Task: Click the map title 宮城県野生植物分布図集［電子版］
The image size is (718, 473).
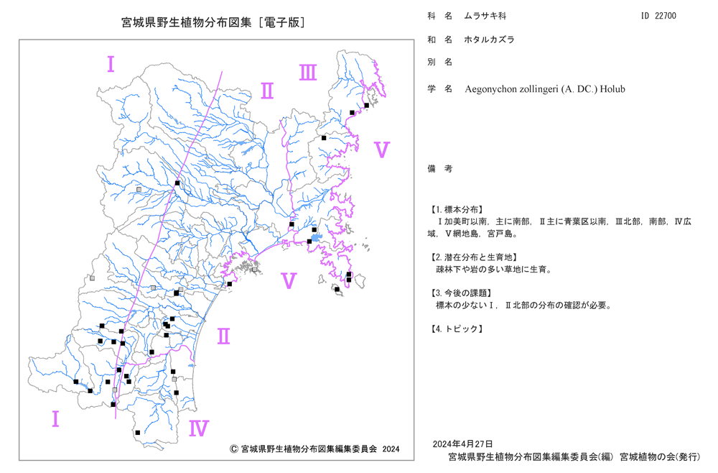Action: click(x=213, y=22)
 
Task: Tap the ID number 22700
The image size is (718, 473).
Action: click(x=666, y=16)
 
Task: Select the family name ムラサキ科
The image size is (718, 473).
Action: click(x=485, y=16)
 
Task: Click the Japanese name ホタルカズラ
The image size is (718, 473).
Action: click(x=490, y=40)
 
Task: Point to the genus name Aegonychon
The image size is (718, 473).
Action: click(x=488, y=89)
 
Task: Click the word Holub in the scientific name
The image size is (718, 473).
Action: click(x=612, y=89)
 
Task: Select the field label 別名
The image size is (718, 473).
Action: click(x=440, y=63)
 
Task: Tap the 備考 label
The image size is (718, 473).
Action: click(x=440, y=169)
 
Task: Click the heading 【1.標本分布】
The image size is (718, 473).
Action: click(x=456, y=210)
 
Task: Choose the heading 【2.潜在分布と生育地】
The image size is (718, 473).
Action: click(x=473, y=257)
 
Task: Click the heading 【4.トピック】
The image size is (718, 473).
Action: click(x=456, y=329)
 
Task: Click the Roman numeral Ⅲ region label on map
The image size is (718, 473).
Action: click(x=308, y=73)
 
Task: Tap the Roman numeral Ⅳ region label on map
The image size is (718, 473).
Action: click(x=199, y=428)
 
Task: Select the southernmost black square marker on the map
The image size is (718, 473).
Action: click(x=137, y=433)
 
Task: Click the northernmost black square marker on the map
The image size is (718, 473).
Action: click(x=366, y=106)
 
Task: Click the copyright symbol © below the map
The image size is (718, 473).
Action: click(x=234, y=449)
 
